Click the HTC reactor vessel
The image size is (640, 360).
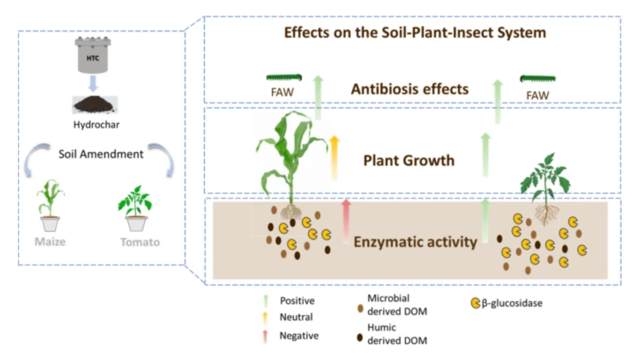93,56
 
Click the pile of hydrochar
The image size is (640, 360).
95,104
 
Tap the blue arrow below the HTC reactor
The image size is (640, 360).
93,83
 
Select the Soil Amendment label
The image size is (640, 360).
101,154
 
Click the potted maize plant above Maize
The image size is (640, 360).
50,205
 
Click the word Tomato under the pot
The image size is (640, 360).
140,242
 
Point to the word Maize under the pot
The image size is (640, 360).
50,242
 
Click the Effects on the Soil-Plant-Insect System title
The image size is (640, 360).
415,33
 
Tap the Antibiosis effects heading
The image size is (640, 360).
410,89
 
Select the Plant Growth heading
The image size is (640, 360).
409,160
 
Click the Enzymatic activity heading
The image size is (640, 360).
415,242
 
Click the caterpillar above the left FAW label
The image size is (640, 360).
284,78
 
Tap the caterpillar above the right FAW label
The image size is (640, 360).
538,79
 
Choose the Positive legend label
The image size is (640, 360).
297,301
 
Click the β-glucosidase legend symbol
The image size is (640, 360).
475,303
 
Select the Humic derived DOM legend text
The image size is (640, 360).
397,334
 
